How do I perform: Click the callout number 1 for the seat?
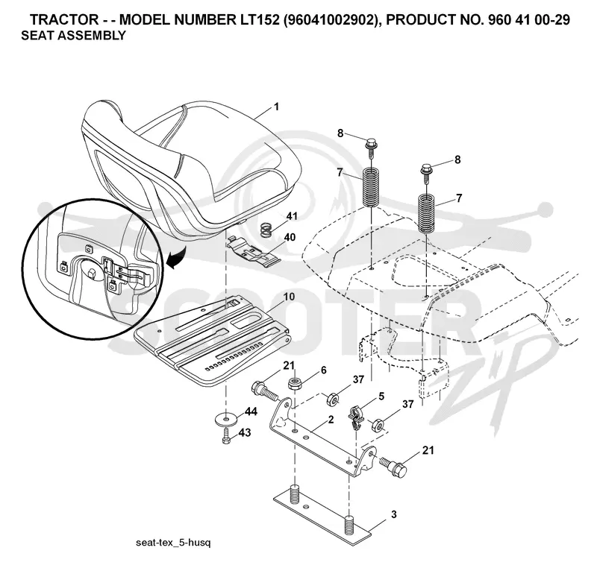[x=276, y=107]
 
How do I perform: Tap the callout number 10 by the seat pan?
[x=289, y=297]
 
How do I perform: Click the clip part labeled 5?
[x=356, y=417]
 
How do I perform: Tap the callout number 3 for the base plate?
[x=394, y=515]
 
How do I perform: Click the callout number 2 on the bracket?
[x=331, y=420]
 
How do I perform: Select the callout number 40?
[x=290, y=237]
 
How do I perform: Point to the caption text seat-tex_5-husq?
[x=173, y=543]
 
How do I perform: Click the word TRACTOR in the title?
[x=64, y=20]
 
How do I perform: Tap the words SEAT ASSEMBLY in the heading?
[x=73, y=35]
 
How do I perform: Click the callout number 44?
[x=251, y=411]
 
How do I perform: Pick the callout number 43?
[x=246, y=432]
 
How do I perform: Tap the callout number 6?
[x=324, y=370]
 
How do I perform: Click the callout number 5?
[x=381, y=397]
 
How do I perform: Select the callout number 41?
[x=292, y=216]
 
